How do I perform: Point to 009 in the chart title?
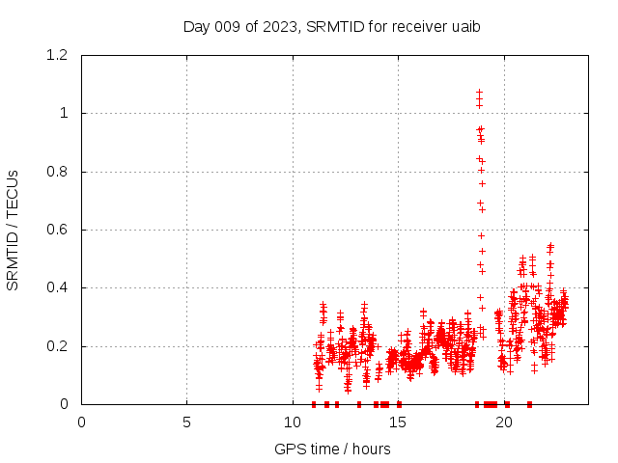point(229,27)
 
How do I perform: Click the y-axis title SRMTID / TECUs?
point(13,230)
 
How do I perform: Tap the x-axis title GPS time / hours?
point(332,449)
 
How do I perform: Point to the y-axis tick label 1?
point(65,114)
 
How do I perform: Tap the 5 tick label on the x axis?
point(186,422)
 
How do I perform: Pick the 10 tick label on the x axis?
point(293,422)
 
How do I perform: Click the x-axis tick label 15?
point(398,422)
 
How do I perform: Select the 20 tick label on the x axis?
point(504,422)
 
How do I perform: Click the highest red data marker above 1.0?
point(479,93)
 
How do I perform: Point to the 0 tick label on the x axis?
point(81,422)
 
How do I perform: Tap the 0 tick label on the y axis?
point(65,404)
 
